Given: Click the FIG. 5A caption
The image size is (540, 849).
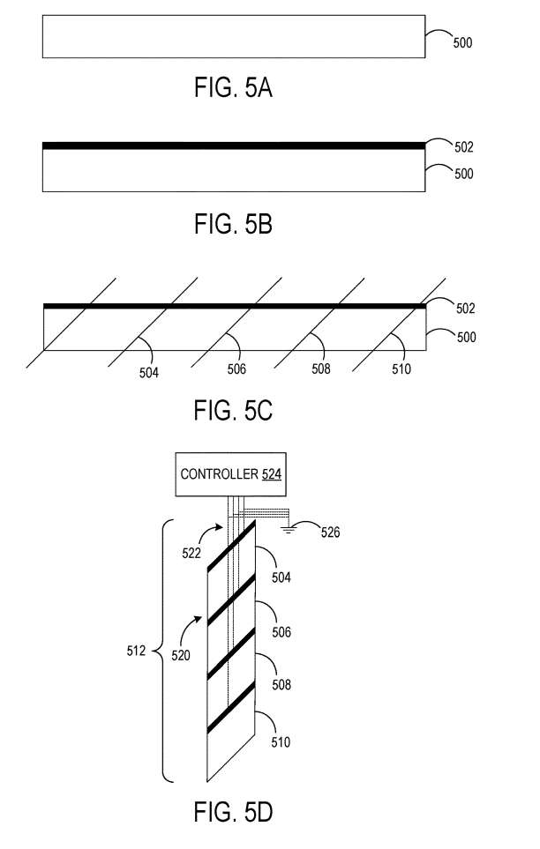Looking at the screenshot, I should (x=233, y=88).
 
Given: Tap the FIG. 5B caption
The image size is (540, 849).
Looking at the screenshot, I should (x=233, y=225).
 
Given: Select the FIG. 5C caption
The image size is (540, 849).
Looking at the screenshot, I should (x=233, y=411).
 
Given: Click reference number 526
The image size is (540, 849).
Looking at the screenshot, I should (x=329, y=532).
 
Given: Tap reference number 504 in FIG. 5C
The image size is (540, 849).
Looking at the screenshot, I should (x=149, y=372).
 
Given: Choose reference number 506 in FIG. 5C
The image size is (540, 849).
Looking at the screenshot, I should (x=235, y=370).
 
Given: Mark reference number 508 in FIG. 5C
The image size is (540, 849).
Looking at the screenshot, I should (x=321, y=369).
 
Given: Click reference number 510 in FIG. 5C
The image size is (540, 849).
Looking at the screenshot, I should (x=401, y=369).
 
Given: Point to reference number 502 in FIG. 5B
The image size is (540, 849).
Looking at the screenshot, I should (x=463, y=148).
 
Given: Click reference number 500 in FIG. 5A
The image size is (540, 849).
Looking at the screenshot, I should (x=463, y=41).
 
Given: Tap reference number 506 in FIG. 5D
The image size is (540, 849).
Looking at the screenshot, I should (x=281, y=632).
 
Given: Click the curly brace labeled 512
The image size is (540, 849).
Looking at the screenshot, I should (x=164, y=652).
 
